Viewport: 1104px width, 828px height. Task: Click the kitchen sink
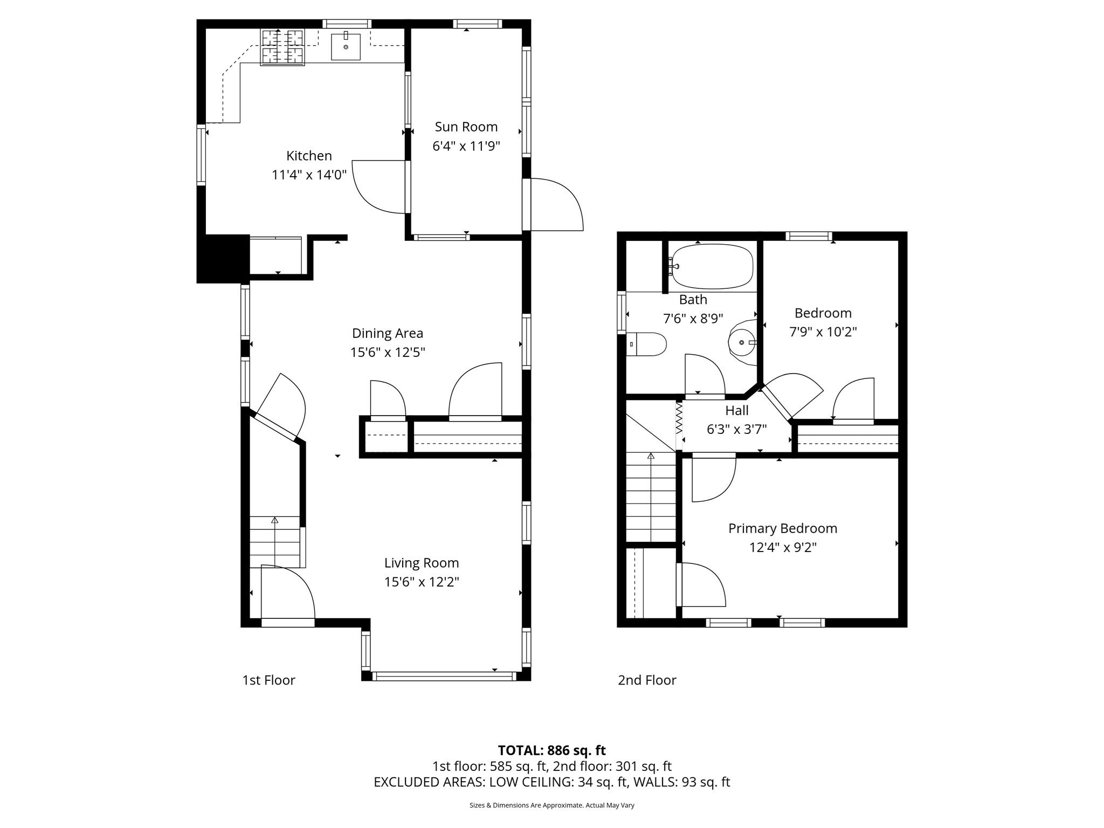tap(346, 46)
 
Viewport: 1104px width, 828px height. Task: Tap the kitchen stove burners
tap(282, 47)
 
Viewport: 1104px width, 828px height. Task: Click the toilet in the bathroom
tap(648, 344)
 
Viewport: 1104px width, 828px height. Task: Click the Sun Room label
tap(466, 127)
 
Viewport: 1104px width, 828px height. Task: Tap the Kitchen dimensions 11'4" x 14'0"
tap(309, 175)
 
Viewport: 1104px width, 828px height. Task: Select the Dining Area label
tap(387, 333)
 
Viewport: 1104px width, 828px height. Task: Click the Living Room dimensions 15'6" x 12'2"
tap(422, 582)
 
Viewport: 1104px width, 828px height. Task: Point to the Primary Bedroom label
tap(782, 528)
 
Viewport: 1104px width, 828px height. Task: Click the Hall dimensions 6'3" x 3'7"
tap(736, 429)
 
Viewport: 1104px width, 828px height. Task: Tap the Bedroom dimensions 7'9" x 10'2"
tap(823, 332)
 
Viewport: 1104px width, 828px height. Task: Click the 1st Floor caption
tap(268, 680)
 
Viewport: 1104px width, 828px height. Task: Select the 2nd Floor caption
tap(646, 680)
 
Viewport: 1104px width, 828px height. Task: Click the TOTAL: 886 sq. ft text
tap(551, 750)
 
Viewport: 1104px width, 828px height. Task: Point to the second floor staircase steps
tap(651, 496)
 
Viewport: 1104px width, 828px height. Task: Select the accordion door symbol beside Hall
tap(679, 418)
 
